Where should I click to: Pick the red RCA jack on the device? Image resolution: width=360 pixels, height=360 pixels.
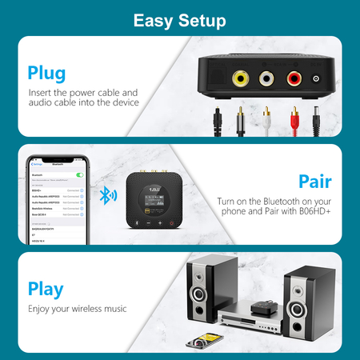click(294, 79)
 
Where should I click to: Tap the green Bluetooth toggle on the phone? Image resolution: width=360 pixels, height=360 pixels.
click(79, 174)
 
